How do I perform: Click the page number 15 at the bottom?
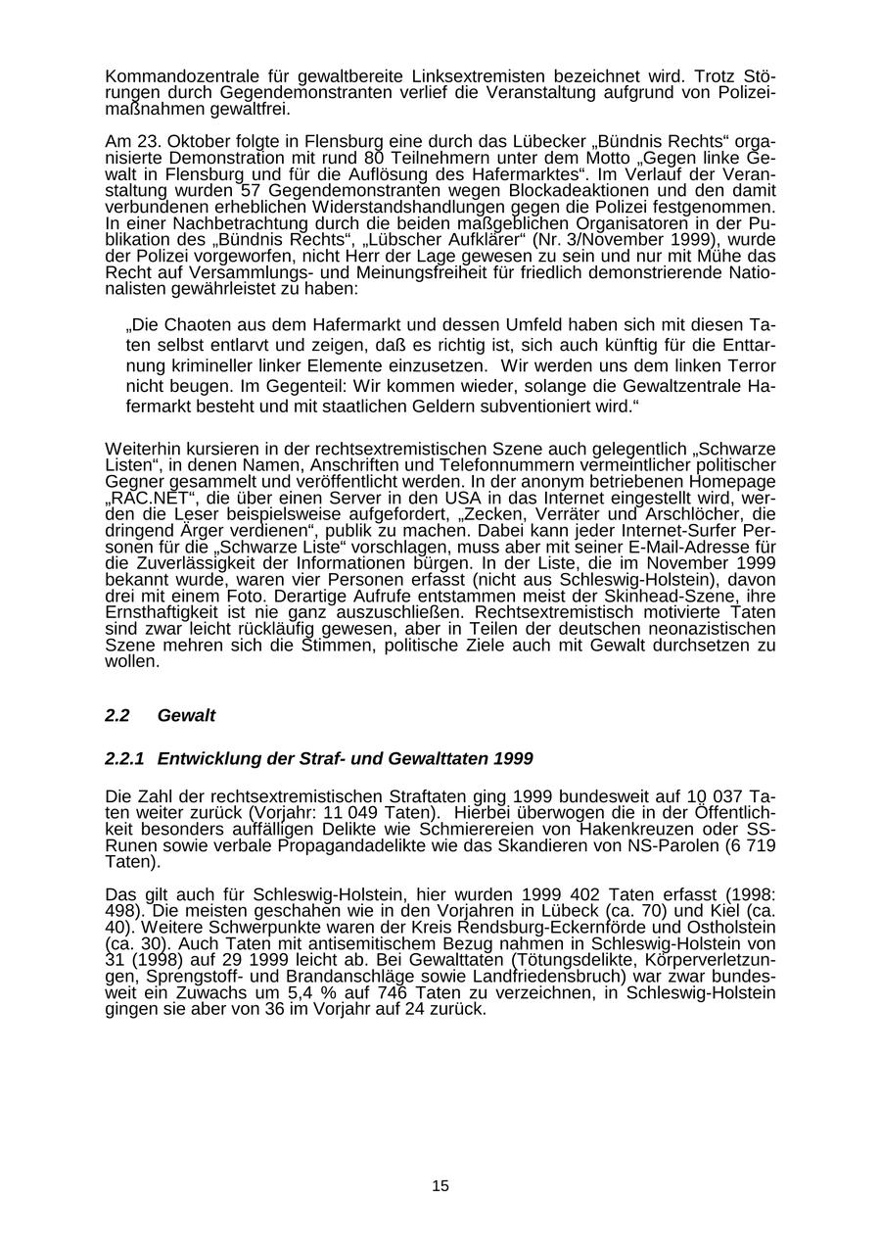tap(440, 1186)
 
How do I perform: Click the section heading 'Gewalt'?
tap(186, 716)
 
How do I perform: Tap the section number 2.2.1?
tap(124, 759)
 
